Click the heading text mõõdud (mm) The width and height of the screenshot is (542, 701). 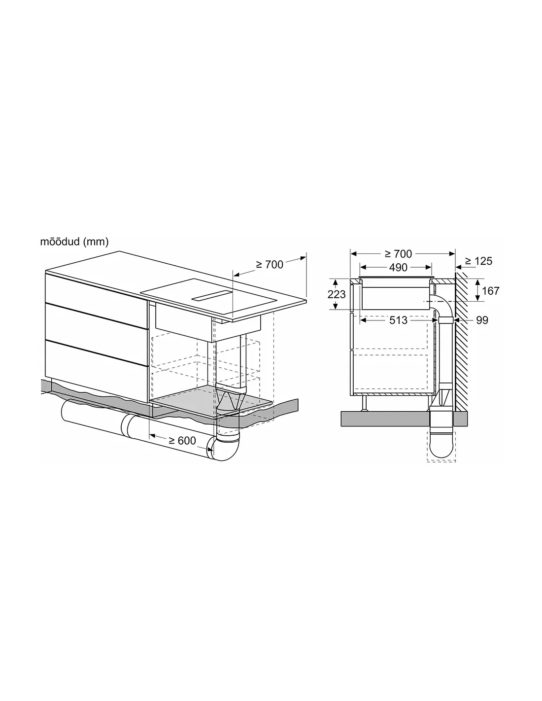74,241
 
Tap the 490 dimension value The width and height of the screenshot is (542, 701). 398,267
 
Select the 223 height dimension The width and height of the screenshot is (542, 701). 337,294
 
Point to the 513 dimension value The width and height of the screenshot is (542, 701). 398,320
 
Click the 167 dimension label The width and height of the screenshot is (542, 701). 490,291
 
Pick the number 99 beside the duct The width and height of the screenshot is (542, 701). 482,320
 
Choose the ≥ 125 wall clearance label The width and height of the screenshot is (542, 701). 479,261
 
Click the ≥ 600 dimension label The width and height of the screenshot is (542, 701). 182,440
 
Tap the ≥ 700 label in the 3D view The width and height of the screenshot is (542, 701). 270,265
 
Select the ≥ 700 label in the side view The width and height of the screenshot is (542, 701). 398,254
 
